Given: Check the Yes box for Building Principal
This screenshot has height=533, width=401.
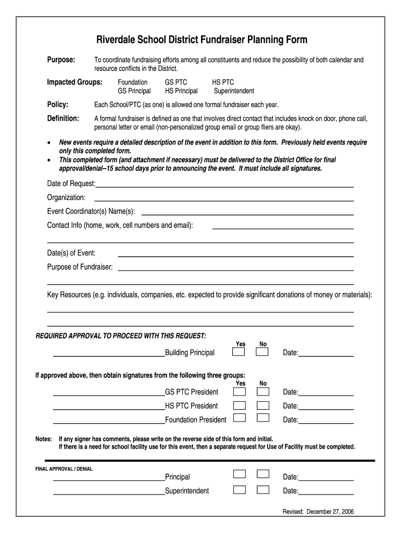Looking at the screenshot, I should [239, 352].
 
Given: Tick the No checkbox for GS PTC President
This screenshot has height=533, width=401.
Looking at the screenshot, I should [263, 391].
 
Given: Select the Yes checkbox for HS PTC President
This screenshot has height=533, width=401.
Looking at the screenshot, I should [239, 405].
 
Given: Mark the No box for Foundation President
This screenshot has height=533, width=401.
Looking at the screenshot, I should [263, 418].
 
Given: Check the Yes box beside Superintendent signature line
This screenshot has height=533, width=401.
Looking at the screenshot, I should [239, 490].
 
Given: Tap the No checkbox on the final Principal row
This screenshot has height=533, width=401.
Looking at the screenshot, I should [263, 474].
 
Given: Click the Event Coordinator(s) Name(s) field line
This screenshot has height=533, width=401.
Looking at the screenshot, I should [247, 213].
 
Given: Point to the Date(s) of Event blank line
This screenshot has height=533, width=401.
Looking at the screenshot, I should [235, 256].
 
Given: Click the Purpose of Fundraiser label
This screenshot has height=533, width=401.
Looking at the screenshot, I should [80, 267].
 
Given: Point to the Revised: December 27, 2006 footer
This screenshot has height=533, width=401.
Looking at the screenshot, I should [318, 512].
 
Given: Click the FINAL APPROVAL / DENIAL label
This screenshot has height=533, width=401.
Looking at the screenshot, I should [64, 469].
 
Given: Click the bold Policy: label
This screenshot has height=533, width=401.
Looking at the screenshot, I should [58, 105].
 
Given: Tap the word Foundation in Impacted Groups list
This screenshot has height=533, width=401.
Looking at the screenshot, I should [132, 82].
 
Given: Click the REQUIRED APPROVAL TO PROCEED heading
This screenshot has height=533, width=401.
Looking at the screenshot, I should [120, 336].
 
